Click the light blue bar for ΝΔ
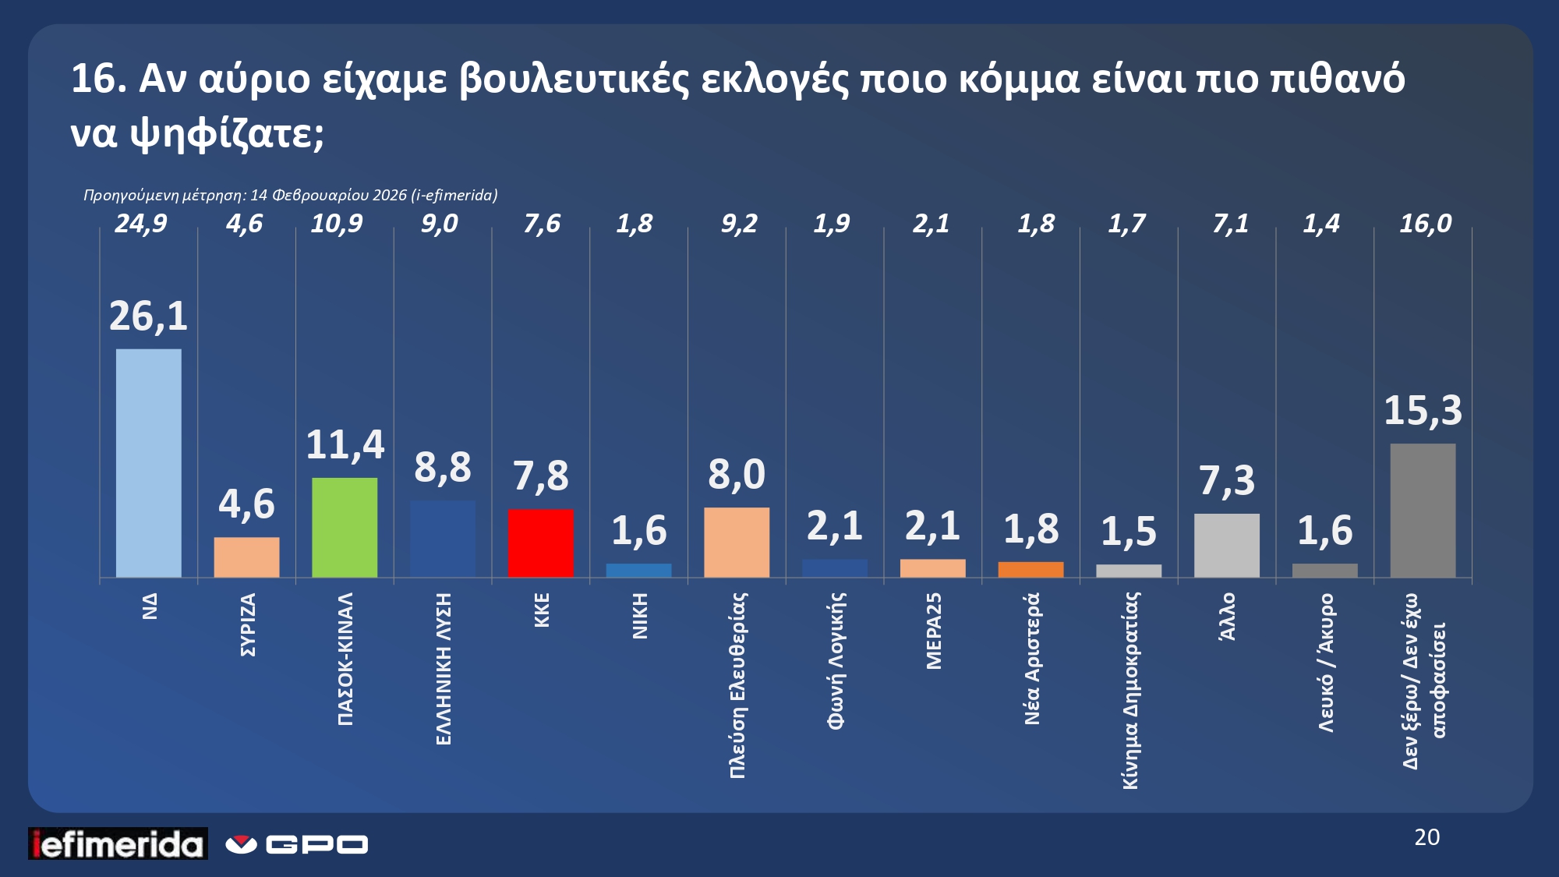pyautogui.click(x=148, y=463)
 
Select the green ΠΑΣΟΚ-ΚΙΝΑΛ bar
pyautogui.click(x=345, y=527)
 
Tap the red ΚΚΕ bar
pyautogui.click(x=540, y=543)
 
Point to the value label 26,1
pyautogui.click(x=148, y=316)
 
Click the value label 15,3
pyautogui.click(x=1423, y=411)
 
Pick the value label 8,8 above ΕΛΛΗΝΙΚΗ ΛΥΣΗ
pyautogui.click(x=442, y=468)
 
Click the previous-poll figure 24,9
pyautogui.click(x=141, y=225)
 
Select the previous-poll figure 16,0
pyautogui.click(x=1425, y=225)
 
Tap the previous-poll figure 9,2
pyautogui.click(x=738, y=225)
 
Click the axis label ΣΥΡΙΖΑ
pyautogui.click(x=248, y=624)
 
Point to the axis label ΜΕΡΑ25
pyautogui.click(x=934, y=631)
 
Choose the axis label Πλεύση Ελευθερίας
pyautogui.click(x=737, y=684)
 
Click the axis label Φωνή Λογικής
pyautogui.click(x=836, y=660)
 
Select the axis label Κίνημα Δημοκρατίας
pyautogui.click(x=1130, y=690)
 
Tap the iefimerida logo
pyautogui.click(x=118, y=843)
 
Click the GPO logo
pyautogui.click(x=297, y=844)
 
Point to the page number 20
pyautogui.click(x=1426, y=837)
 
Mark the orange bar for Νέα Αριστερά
pyautogui.click(x=1030, y=569)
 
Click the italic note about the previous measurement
pyautogui.click(x=290, y=195)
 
